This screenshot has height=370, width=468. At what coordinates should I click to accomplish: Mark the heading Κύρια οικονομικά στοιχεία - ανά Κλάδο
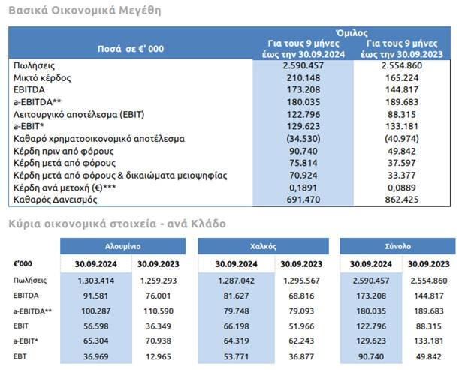point(116,224)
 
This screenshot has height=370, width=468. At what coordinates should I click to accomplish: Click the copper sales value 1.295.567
point(298,279)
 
